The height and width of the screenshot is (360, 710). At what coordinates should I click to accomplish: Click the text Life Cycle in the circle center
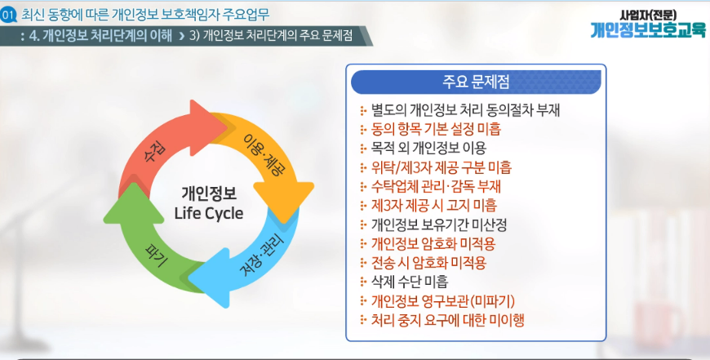tap(209, 213)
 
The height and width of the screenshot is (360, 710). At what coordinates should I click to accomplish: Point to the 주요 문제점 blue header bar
tap(476, 82)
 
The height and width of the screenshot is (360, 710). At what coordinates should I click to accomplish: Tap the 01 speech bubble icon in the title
tap(8, 16)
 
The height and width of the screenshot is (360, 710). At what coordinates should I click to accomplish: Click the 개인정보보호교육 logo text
tap(648, 29)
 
